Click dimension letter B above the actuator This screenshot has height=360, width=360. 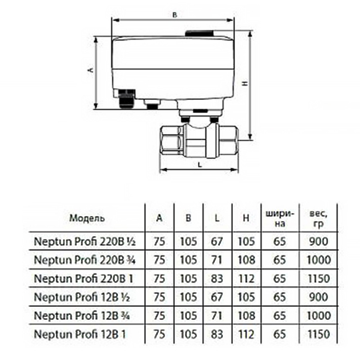pos(175,15)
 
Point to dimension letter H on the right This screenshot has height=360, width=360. pos(245,84)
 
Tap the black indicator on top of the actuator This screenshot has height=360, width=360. pos(202,32)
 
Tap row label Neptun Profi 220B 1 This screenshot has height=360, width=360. pos(84,279)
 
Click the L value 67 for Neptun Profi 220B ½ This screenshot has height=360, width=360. pos(217,242)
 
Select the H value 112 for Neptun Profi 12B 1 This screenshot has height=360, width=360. pos(245,334)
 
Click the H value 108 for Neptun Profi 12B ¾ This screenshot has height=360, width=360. pos(245,315)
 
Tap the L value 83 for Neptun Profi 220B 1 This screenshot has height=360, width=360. pos(217,279)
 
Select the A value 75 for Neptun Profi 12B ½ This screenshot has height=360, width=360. pos(159,297)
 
